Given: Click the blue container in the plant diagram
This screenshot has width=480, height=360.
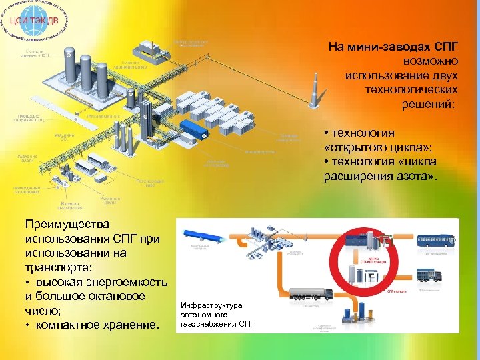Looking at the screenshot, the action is tap(193, 129).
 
